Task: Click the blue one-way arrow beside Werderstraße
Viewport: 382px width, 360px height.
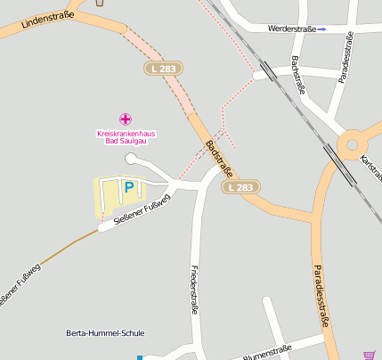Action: (322, 29)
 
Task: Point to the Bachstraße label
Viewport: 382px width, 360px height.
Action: (298, 75)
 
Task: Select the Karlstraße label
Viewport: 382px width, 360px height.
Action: (370, 165)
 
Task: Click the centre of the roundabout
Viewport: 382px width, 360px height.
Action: (352, 143)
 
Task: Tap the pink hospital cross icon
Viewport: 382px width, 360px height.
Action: (126, 119)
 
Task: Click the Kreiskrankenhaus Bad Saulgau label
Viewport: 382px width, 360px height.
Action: (126, 137)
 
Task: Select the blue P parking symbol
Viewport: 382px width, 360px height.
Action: (128, 187)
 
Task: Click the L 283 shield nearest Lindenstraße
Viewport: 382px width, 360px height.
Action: (161, 68)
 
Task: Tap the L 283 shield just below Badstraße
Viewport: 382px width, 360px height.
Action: (241, 187)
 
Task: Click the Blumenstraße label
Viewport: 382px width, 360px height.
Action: (267, 349)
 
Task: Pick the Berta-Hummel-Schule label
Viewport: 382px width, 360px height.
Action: (105, 333)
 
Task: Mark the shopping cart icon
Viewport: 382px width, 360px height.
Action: (370, 355)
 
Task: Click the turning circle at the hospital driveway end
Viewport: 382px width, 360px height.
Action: (132, 159)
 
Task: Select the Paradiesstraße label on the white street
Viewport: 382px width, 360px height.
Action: (348, 56)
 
